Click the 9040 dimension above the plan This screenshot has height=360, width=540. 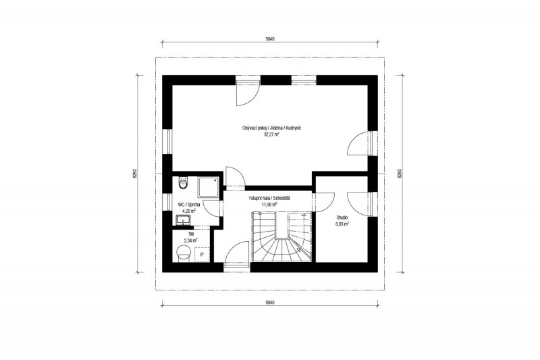pos(270,39)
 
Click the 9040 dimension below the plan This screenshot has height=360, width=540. pos(270,303)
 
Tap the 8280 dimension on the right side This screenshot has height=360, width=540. pos(400,174)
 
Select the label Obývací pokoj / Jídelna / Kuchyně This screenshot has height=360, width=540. pos(272,128)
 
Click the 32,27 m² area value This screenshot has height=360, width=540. pos(271,134)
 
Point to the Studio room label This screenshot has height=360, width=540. pos(342,217)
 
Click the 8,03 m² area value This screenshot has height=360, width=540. pos(342,224)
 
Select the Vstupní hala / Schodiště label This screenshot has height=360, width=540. pos(269,199)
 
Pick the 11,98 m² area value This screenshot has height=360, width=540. pos(269,205)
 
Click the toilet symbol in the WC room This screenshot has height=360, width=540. pos(182,183)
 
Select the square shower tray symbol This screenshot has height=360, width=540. pos(208,186)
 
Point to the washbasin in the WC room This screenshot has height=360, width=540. pos(183,220)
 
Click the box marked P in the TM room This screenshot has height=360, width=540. pos(202,255)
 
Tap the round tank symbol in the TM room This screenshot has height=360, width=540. pos(183,254)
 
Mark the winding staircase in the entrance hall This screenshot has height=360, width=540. pos(282,237)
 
